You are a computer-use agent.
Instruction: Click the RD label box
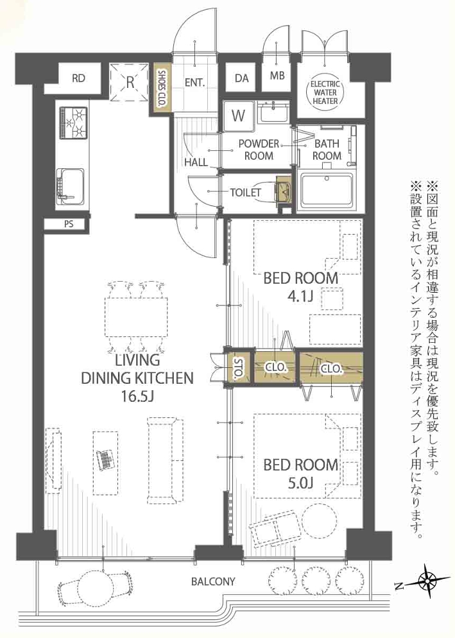pyautogui.click(x=78, y=78)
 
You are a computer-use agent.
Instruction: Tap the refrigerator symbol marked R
pyautogui.click(x=130, y=83)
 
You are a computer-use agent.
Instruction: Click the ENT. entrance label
pyautogui.click(x=194, y=83)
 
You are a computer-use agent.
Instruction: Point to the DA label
pyautogui.click(x=242, y=78)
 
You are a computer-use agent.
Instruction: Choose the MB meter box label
pyautogui.click(x=277, y=76)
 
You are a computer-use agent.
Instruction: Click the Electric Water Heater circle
pyautogui.click(x=325, y=92)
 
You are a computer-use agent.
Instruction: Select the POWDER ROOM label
pyautogui.click(x=259, y=150)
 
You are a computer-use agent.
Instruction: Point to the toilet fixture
pyautogui.click(x=283, y=189)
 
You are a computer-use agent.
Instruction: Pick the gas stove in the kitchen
pyautogui.click(x=73, y=122)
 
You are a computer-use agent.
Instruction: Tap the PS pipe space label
pyautogui.click(x=69, y=224)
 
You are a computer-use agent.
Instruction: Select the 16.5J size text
pyautogui.click(x=137, y=396)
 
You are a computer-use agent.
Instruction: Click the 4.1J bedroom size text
pyautogui.click(x=300, y=297)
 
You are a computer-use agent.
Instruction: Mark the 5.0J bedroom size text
pyautogui.click(x=300, y=483)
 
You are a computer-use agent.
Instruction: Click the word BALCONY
pyautogui.click(x=213, y=581)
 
